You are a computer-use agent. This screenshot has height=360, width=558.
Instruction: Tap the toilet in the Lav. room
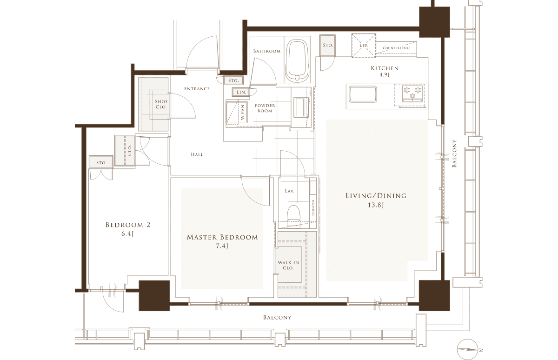(x=294, y=216)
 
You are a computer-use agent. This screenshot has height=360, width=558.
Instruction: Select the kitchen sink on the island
(x=363, y=94)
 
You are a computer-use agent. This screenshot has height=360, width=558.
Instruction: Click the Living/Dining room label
(x=376, y=196)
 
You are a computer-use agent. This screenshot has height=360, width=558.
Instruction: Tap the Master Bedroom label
(x=222, y=237)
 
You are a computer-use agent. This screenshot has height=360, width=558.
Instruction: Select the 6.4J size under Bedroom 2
(x=128, y=234)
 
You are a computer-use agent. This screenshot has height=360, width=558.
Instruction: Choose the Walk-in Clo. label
(x=288, y=265)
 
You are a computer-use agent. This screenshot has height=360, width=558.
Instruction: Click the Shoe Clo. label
(x=161, y=104)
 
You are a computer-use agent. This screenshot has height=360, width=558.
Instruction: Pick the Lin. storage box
(x=241, y=92)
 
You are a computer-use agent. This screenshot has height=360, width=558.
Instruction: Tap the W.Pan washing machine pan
(x=237, y=112)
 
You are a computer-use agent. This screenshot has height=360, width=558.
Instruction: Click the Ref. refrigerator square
(x=364, y=45)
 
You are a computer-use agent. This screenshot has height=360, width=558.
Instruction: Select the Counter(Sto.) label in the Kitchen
(x=396, y=48)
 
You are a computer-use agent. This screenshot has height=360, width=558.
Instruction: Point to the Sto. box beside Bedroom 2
(x=101, y=162)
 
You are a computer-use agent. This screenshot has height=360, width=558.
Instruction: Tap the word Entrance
(x=197, y=89)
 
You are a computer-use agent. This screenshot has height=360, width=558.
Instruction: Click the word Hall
(x=197, y=154)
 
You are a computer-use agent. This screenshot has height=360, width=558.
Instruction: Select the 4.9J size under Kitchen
(x=385, y=75)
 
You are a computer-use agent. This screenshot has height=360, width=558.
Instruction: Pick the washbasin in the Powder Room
(x=299, y=107)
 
